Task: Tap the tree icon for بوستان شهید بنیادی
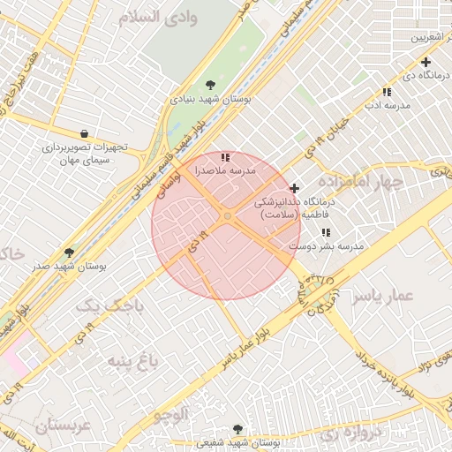210,85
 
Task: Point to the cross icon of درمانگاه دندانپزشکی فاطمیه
294,188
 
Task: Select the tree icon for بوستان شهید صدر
70,252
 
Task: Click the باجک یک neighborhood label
110,306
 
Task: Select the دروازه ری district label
339,433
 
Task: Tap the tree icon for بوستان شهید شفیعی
237,429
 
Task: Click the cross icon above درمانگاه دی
426,62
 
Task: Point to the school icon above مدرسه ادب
386,92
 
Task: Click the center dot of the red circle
227,216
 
